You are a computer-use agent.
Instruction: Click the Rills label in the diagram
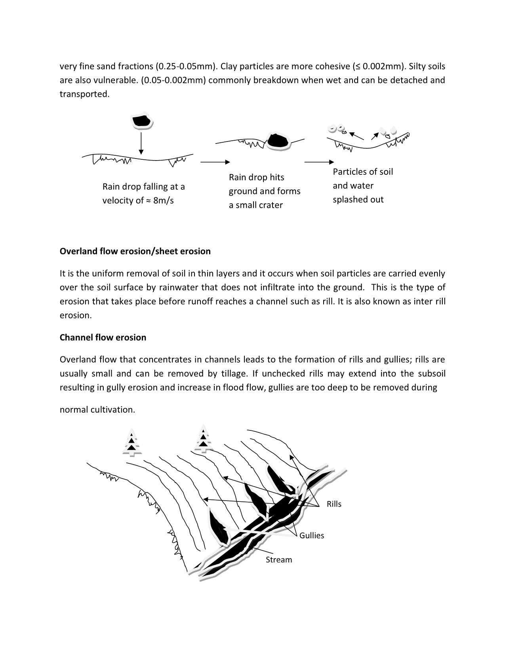coord(334,504)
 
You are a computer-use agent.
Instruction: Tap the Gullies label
coord(312,535)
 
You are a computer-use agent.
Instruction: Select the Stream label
coord(279,560)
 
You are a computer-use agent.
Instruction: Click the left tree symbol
coord(131,443)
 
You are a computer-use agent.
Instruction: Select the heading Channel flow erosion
coord(103,337)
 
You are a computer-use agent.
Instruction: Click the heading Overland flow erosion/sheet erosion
coord(135,251)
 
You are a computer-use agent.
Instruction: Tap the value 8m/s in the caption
coord(164,201)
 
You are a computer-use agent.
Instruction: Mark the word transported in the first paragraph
coord(84,94)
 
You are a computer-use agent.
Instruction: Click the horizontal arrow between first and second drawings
coord(215,162)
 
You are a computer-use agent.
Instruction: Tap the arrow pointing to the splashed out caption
coord(319,162)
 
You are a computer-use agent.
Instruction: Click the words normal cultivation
coord(97,410)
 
